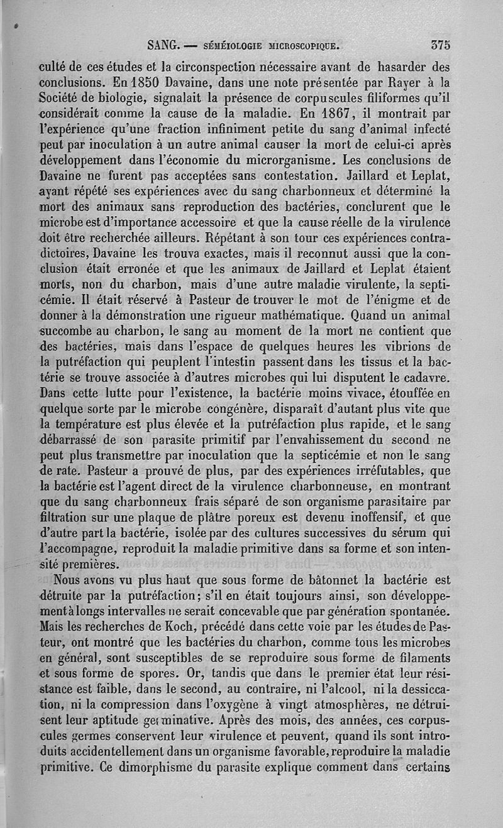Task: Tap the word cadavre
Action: coord(426,379)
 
